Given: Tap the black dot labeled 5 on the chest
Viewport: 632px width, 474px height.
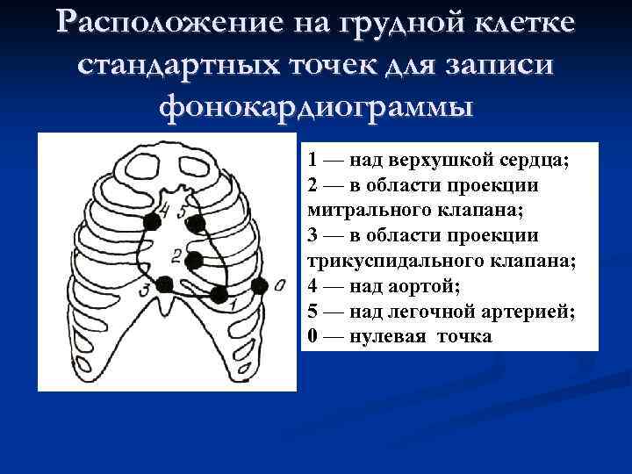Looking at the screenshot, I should click(196, 225).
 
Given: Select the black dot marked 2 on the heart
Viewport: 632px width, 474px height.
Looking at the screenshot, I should click(194, 260).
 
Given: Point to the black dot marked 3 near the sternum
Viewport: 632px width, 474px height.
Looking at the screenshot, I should click(164, 284).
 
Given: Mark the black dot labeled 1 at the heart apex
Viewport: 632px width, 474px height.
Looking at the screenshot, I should click(219, 294).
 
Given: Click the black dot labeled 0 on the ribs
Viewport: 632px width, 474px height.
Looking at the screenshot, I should click(259, 286).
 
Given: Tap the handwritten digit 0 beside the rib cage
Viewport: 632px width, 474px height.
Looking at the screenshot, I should click(278, 284).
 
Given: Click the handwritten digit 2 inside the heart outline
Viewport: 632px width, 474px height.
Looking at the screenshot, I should click(177, 255).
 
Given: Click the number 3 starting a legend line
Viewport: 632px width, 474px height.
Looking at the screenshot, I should click(312, 236).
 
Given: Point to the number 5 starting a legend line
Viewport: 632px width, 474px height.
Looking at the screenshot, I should click(312, 312).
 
